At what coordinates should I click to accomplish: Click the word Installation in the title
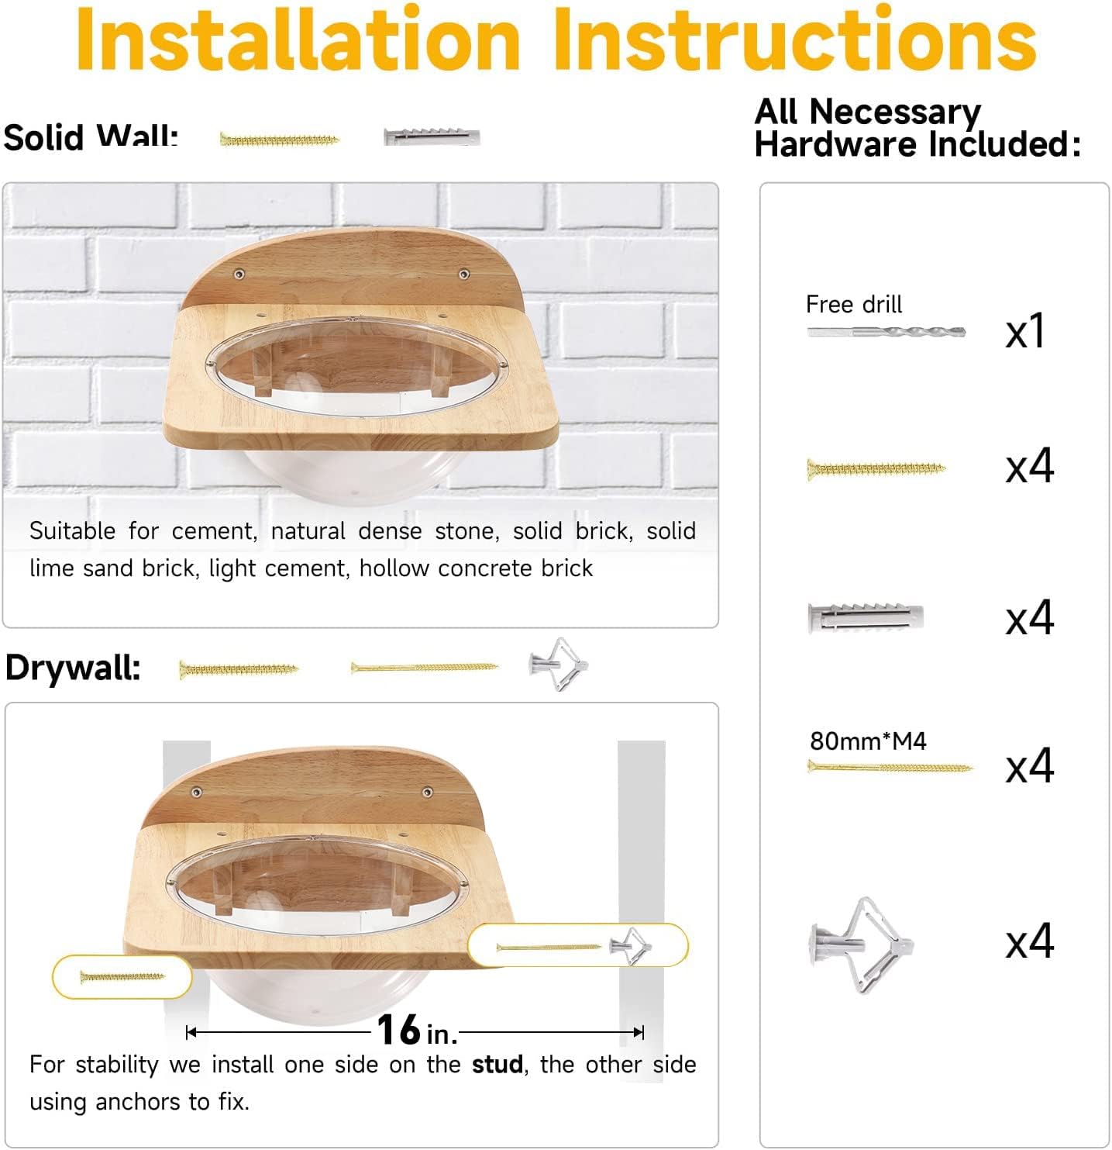pyautogui.click(x=298, y=39)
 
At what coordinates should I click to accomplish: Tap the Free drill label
pyautogui.click(x=853, y=304)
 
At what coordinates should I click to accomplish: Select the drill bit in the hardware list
pyautogui.click(x=886, y=332)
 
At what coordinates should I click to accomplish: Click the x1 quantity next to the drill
pyautogui.click(x=1025, y=331)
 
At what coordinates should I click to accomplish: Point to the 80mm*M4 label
pyautogui.click(x=868, y=741)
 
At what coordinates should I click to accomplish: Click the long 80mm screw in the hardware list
pyautogui.click(x=889, y=767)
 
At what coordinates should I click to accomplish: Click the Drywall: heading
pyautogui.click(x=73, y=667)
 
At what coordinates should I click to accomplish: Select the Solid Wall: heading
pyautogui.click(x=91, y=136)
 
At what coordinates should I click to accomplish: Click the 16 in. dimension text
pyautogui.click(x=416, y=1031)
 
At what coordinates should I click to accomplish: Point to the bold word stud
pyautogui.click(x=497, y=1065)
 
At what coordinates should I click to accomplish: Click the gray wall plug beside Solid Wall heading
pyautogui.click(x=432, y=137)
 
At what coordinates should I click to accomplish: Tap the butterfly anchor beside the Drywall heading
pyautogui.click(x=559, y=665)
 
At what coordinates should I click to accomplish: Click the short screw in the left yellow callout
pyautogui.click(x=122, y=977)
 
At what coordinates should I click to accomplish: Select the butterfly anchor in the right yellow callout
pyautogui.click(x=631, y=946)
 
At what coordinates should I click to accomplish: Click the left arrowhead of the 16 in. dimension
pyautogui.click(x=191, y=1032)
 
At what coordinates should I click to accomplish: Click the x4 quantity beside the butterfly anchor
pyautogui.click(x=1029, y=941)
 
